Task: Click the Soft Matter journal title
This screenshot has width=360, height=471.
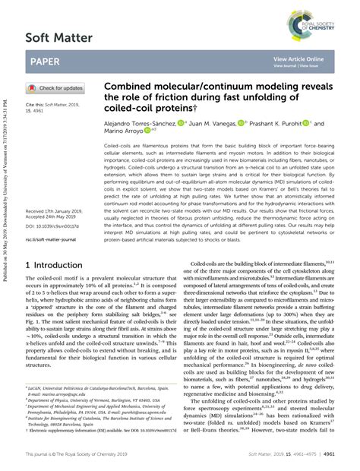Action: (59, 36)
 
